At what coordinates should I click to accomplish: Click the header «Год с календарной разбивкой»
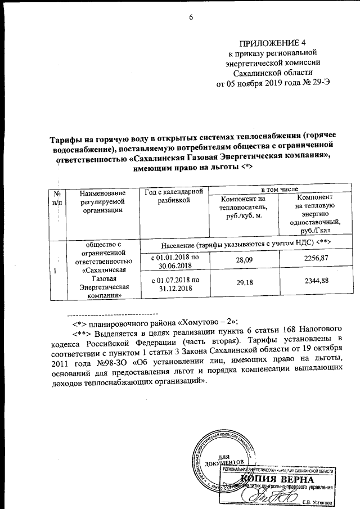(173, 197)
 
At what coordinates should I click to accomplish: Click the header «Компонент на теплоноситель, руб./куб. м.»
(243, 209)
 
